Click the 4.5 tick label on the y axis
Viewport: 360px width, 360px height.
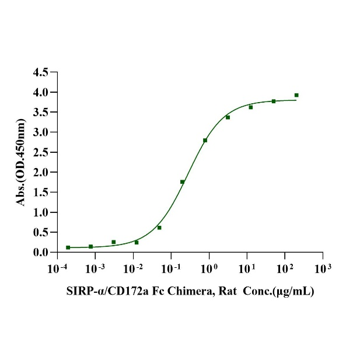42,72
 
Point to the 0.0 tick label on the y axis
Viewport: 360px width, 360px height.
42,252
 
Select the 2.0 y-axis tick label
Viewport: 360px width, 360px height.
42,172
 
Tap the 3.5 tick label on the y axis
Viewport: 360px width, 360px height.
42,112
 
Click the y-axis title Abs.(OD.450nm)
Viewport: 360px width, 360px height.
22,162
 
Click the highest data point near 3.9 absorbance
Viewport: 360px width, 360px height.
296,95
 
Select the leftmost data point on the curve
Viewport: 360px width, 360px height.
68,247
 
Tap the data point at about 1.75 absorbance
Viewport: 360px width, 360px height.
183,182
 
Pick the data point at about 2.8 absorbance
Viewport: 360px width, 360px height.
205,140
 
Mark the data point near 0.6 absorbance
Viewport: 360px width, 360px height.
159,228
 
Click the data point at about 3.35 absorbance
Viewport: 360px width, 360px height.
228,117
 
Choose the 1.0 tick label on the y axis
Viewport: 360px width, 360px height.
42,212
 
